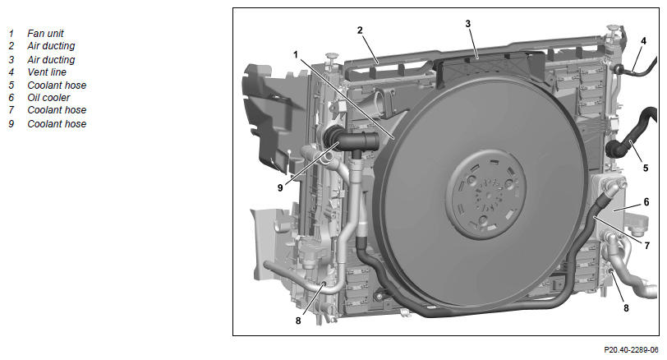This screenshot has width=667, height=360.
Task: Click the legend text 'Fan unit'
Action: click(45, 33)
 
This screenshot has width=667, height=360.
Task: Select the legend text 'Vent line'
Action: click(47, 72)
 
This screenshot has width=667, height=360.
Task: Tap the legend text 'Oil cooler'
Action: click(48, 98)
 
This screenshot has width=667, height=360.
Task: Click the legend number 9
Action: click(11, 124)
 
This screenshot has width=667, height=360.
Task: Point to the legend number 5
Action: click(11, 85)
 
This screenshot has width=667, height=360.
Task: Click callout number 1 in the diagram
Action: click(296, 54)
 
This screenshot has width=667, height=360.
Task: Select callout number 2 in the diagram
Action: click(360, 30)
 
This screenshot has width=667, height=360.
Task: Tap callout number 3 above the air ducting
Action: click(468, 24)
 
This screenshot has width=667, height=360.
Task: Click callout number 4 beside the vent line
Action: click(643, 41)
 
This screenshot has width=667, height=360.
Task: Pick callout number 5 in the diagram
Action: click(646, 168)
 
